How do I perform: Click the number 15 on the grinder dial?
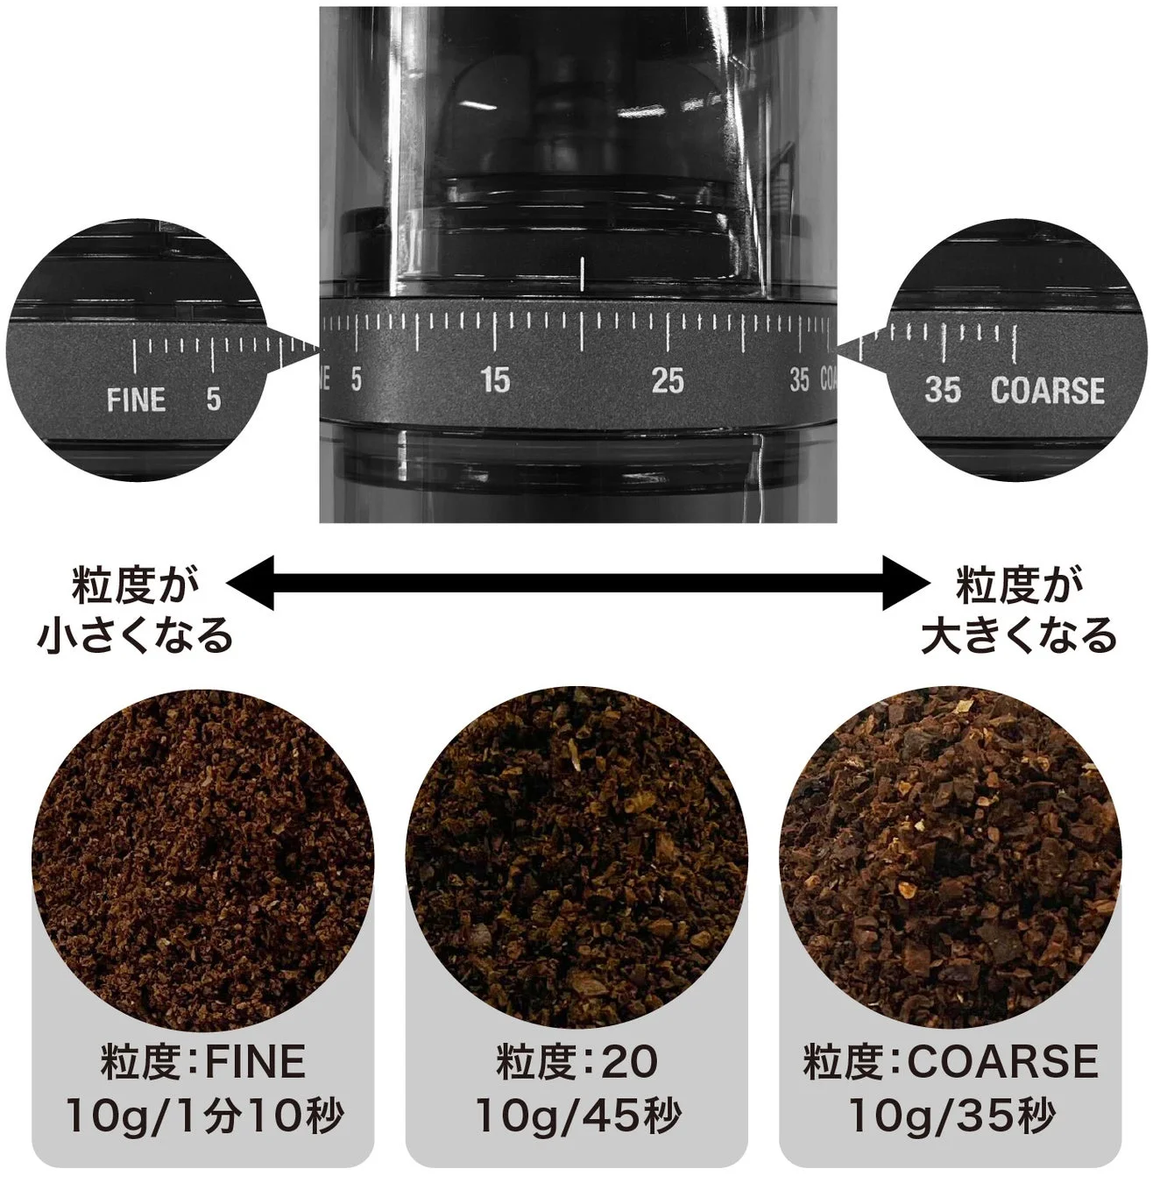click(x=495, y=380)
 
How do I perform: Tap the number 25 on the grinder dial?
click(x=667, y=380)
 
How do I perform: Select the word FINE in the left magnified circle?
click(x=136, y=400)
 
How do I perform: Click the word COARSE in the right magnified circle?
click(x=1047, y=391)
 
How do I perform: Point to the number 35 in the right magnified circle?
click(x=942, y=391)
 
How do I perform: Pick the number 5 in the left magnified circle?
click(x=213, y=400)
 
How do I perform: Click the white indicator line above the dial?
click(x=581, y=274)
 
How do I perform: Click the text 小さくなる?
click(x=136, y=635)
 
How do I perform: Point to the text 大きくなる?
click(x=1019, y=635)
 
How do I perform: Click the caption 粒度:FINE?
click(x=203, y=1062)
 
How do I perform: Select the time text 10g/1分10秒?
click(x=203, y=1116)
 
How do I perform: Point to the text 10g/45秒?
click(x=576, y=1116)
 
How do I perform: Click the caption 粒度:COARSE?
click(x=951, y=1062)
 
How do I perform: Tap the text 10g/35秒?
click(x=951, y=1116)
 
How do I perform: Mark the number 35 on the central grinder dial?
click(x=799, y=380)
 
